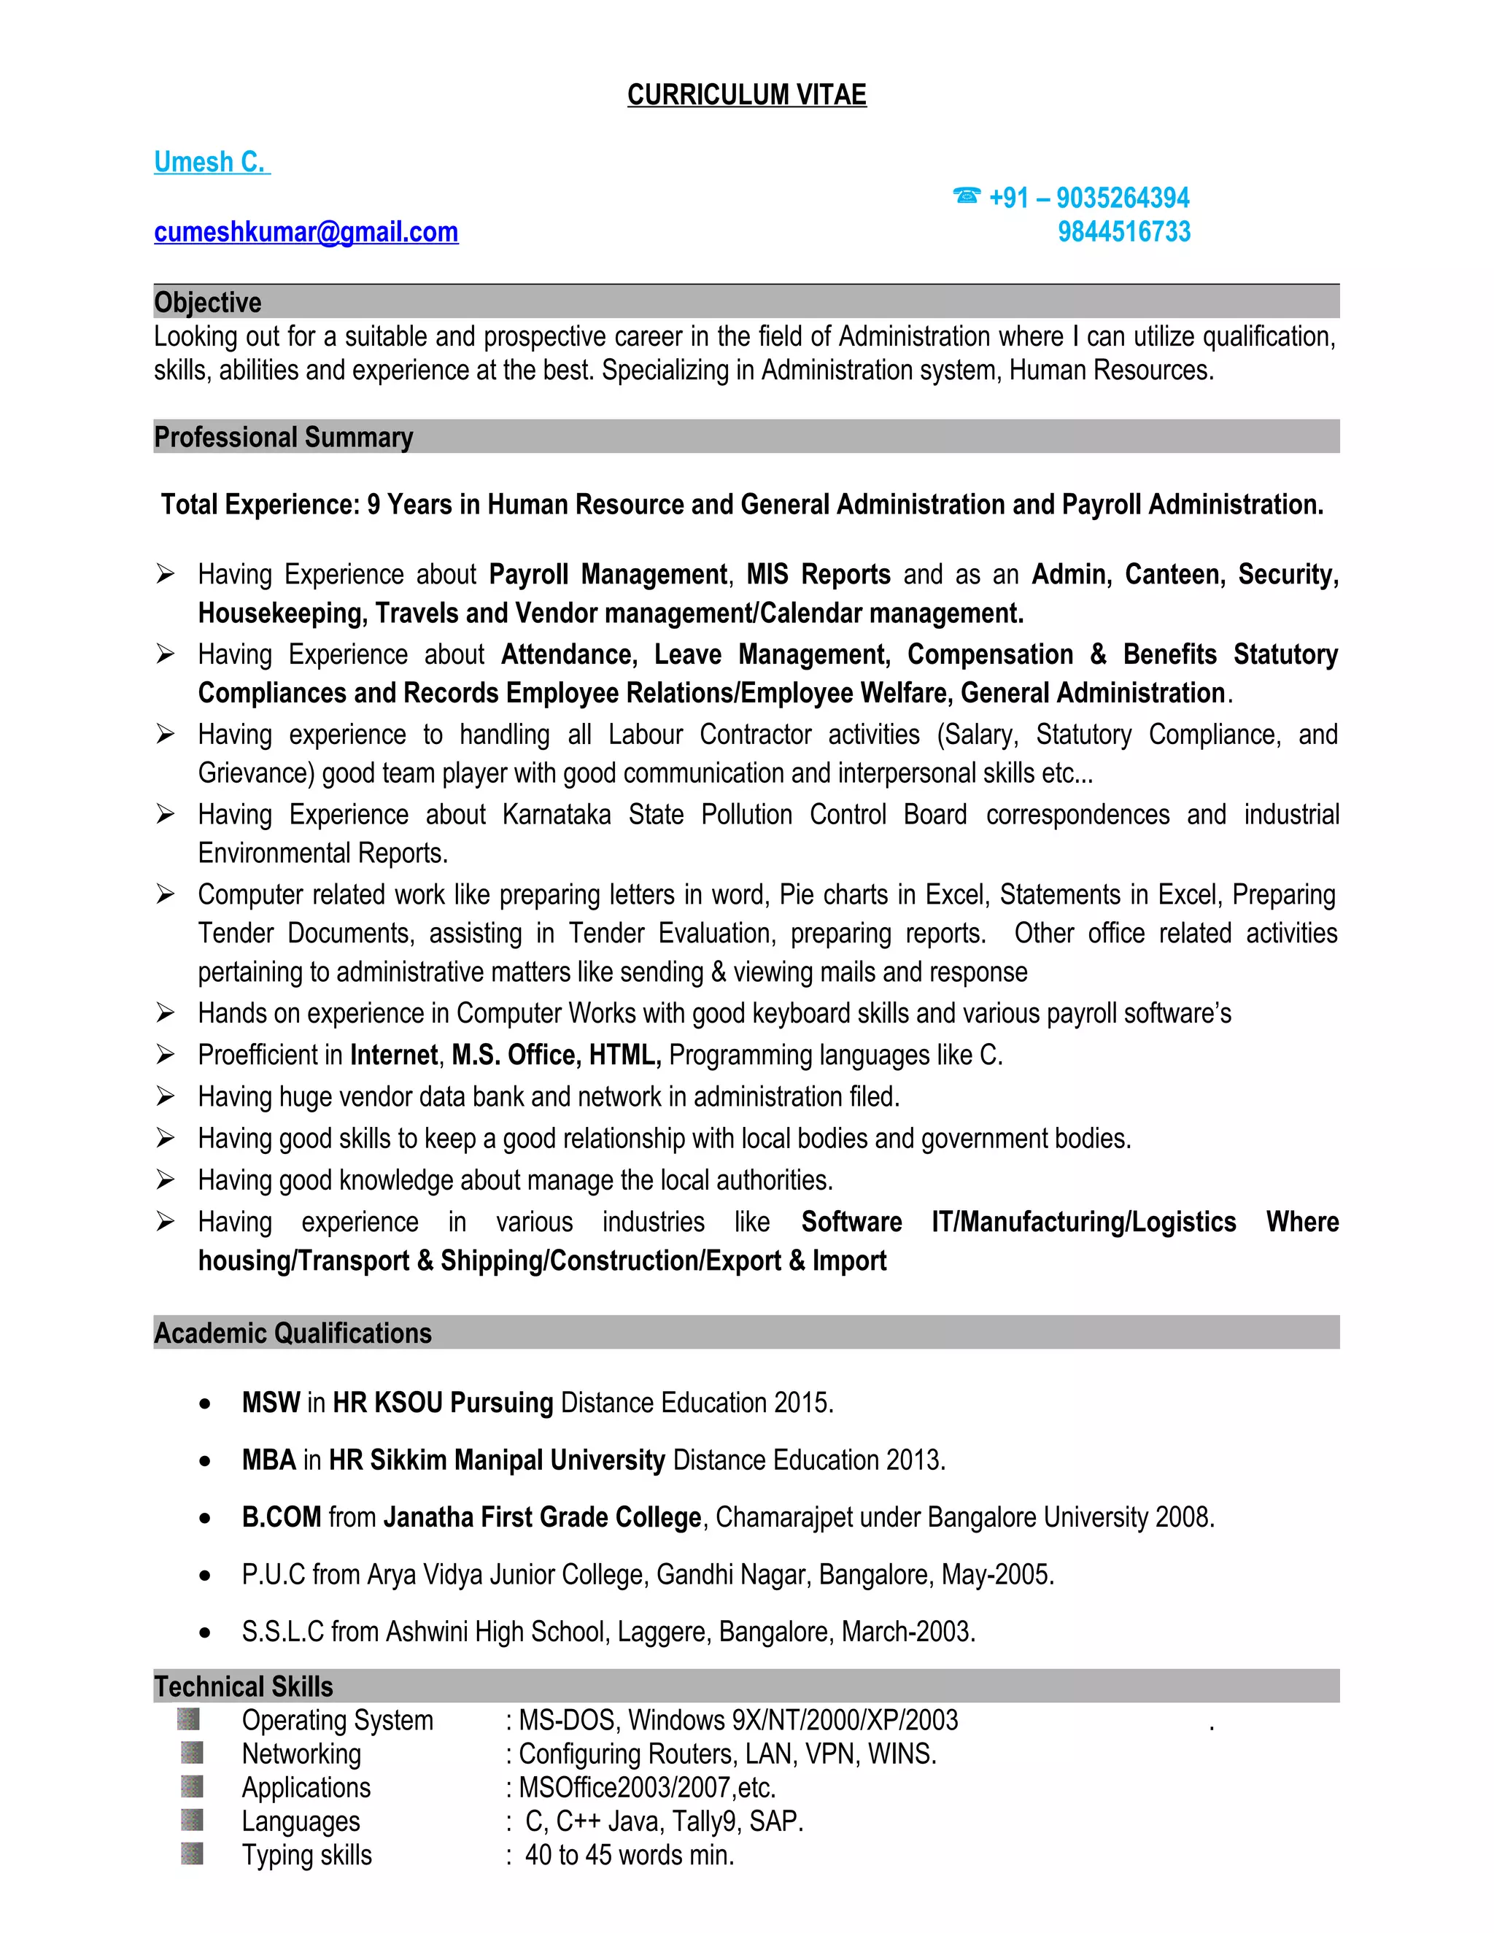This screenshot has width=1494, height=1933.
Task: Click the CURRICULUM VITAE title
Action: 746,95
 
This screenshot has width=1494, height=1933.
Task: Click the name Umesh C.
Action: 211,162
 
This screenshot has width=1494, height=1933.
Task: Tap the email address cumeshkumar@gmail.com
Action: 306,232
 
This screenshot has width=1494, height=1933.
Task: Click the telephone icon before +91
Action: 967,195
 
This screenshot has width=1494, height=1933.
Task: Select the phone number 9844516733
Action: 1124,232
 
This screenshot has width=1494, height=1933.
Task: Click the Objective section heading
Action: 208,303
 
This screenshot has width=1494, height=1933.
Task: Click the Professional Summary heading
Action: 283,437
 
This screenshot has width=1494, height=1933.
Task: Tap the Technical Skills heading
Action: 244,1686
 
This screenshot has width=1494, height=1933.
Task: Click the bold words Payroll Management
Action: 609,574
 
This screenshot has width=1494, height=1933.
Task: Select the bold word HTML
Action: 625,1055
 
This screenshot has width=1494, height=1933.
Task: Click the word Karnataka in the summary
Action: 556,814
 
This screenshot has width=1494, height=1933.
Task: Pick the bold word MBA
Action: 269,1460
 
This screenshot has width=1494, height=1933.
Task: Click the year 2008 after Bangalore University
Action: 1183,1517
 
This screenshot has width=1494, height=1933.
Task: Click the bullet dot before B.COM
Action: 205,1519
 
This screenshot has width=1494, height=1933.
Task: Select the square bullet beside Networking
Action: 192,1752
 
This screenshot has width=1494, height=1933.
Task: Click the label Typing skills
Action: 307,1855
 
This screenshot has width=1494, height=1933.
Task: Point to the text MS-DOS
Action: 569,1720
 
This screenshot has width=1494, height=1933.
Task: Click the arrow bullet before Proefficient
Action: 166,1054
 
